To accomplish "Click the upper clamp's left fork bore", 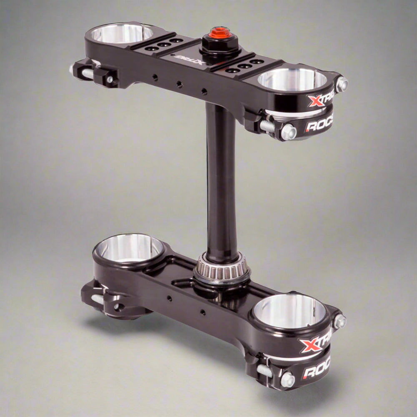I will [122, 33].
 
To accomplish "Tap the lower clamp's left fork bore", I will [129, 247].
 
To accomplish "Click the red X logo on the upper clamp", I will [315, 100].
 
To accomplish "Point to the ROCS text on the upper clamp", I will [319, 126].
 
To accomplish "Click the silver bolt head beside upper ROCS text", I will [288, 132].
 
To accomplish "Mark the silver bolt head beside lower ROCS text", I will [287, 379].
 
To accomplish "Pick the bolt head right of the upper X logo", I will [342, 84].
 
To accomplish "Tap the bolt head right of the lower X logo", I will [339, 321].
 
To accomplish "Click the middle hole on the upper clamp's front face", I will [179, 84].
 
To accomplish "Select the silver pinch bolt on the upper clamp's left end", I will [86, 73].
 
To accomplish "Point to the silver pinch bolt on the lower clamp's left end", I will [97, 299].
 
